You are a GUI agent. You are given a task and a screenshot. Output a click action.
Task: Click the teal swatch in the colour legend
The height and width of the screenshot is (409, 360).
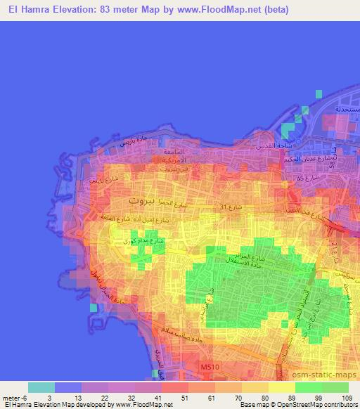point(41,387)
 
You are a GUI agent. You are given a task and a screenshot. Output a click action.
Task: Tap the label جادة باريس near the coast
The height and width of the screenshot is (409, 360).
point(136,143)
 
